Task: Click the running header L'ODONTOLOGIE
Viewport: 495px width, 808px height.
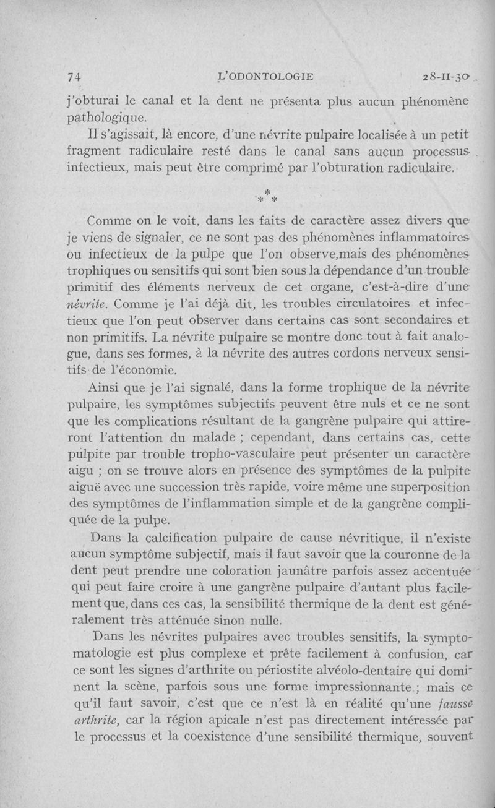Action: [x=267, y=76]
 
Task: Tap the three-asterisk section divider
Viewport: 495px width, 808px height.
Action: [x=267, y=196]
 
